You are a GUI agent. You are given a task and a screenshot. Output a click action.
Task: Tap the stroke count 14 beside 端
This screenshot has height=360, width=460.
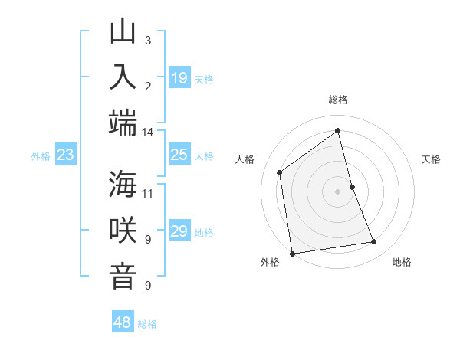pos(148,133)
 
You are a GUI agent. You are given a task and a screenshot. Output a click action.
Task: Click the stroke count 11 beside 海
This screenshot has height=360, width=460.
pos(148,192)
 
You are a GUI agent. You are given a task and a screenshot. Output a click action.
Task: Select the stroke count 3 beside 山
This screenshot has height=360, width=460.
pos(148,40)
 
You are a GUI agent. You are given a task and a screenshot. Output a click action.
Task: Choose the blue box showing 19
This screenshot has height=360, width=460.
pos(179,77)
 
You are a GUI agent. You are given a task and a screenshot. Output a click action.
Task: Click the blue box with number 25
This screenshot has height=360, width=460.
pos(179,155)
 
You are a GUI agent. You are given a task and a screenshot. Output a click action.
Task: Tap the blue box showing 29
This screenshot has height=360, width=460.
pos(179,231)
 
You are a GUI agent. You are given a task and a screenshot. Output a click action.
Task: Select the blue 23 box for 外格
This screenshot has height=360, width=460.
pos(66,155)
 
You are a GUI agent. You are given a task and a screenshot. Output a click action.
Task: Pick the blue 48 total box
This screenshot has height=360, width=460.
pos(123,322)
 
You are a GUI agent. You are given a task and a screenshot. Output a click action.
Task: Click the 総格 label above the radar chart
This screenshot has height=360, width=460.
pos(337,100)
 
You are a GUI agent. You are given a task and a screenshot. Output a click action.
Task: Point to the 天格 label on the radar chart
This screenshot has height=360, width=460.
pos(431,159)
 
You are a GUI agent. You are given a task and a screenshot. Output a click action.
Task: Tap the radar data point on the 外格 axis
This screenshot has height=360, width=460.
pos(292,253)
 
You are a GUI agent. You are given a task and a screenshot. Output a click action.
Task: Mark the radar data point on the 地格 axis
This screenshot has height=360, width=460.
pos(374,242)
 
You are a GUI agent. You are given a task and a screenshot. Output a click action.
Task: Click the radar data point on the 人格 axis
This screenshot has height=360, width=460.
pos(280,172)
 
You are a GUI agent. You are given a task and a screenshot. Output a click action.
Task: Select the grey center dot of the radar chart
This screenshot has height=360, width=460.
pos(337,191)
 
